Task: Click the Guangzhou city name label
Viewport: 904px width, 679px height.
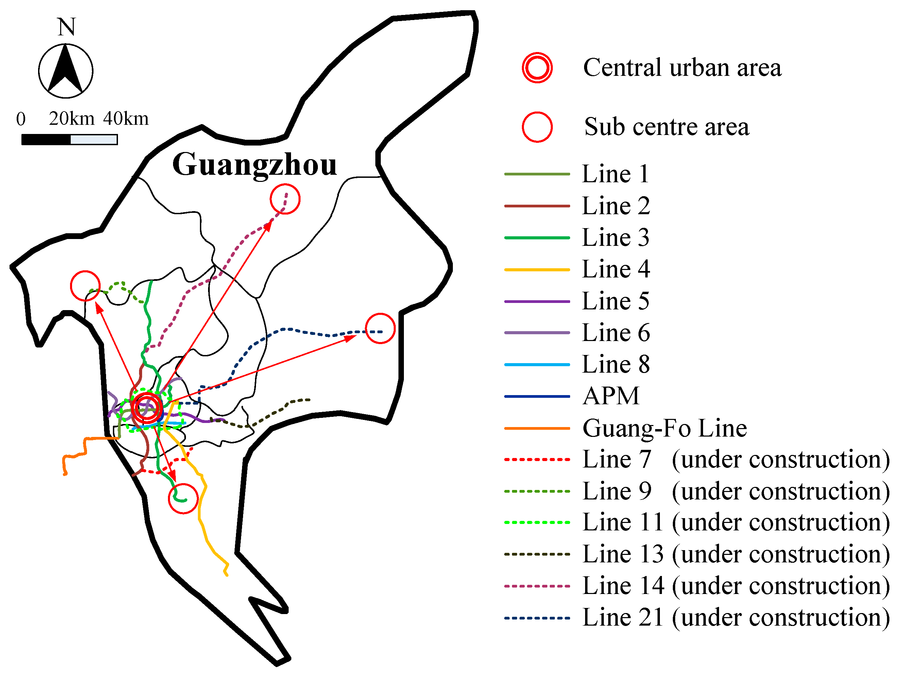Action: pos(254,164)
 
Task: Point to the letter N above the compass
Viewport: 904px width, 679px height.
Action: pos(66,27)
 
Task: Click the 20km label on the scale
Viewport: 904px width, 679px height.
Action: pos(71,119)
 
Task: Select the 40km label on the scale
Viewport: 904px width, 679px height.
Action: pos(125,119)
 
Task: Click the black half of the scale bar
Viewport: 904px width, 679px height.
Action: pos(46,140)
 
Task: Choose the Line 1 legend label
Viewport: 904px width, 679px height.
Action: pos(615,174)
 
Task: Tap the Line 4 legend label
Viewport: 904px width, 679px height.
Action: pos(615,269)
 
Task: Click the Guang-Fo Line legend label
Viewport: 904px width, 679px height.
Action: pos(665,428)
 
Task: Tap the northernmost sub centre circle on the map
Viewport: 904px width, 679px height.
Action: pos(285,199)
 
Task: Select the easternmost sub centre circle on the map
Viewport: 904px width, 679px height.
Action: pos(380,328)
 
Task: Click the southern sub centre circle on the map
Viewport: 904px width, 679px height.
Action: pos(183,498)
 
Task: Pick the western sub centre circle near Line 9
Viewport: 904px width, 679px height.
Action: pos(85,286)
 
